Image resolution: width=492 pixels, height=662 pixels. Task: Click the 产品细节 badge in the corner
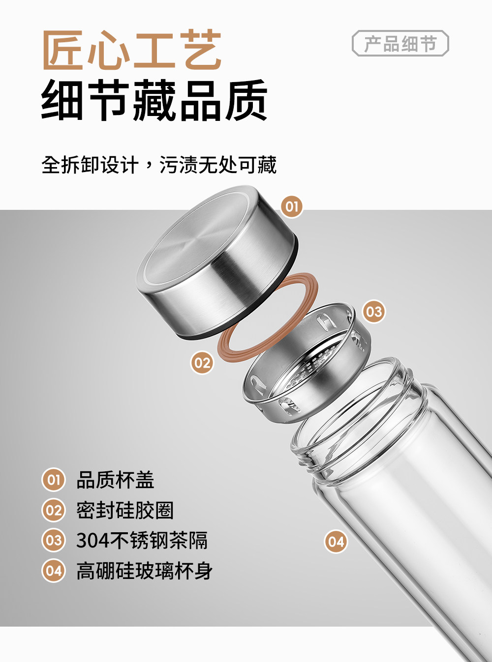tap(400, 43)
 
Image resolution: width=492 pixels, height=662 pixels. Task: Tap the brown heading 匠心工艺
tap(132, 50)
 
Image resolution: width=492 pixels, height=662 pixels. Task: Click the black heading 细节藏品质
tap(154, 100)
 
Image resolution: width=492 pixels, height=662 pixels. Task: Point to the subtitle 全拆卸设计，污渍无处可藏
tap(159, 165)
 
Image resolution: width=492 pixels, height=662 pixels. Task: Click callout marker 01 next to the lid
tap(292, 206)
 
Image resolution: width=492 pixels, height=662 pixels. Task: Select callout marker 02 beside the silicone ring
tap(202, 363)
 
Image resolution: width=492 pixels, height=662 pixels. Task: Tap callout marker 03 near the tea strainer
tap(374, 312)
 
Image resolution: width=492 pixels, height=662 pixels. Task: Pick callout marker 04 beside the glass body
tap(336, 542)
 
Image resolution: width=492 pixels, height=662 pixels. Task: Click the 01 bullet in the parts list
tap(53, 480)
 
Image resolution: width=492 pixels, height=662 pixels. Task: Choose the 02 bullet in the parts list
tap(53, 510)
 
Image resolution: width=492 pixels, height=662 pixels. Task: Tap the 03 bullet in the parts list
tap(53, 540)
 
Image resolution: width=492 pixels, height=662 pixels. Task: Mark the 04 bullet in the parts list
tap(53, 571)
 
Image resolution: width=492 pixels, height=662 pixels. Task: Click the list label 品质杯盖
tap(116, 480)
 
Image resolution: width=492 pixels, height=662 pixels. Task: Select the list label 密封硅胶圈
tap(125, 510)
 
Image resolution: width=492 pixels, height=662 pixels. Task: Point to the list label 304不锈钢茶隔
tap(142, 540)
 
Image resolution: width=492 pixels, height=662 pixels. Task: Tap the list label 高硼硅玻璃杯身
tap(144, 571)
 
